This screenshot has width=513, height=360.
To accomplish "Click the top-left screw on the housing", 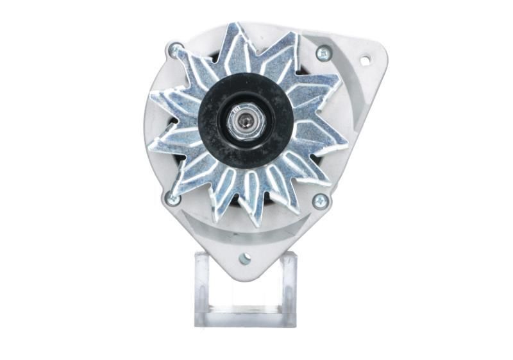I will [174, 49].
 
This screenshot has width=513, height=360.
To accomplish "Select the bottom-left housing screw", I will [172, 199].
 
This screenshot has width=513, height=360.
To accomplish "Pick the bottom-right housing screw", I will [319, 201].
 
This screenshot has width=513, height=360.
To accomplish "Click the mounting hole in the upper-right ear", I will [365, 60].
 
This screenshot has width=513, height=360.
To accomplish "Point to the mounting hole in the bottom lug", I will [244, 259].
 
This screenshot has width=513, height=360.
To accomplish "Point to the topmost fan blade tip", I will [236, 27].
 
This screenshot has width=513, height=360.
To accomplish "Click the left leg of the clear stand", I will [202, 289].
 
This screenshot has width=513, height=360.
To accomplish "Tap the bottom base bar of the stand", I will [245, 318].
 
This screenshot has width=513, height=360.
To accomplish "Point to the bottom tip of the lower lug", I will [244, 277].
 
